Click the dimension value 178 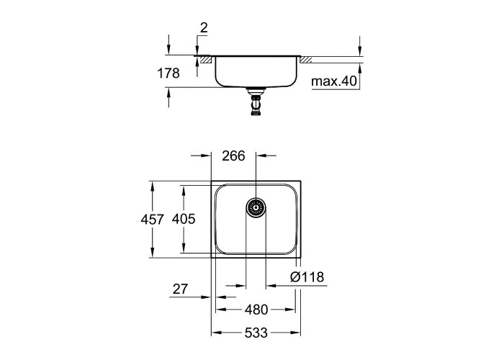(168, 73)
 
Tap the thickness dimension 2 (204, 28)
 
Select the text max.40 (334, 81)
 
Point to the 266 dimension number (233, 156)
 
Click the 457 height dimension (153, 220)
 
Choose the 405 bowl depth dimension (184, 219)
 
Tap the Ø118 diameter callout (307, 276)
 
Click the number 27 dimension (180, 289)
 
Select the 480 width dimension (256, 310)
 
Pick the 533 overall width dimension (256, 333)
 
